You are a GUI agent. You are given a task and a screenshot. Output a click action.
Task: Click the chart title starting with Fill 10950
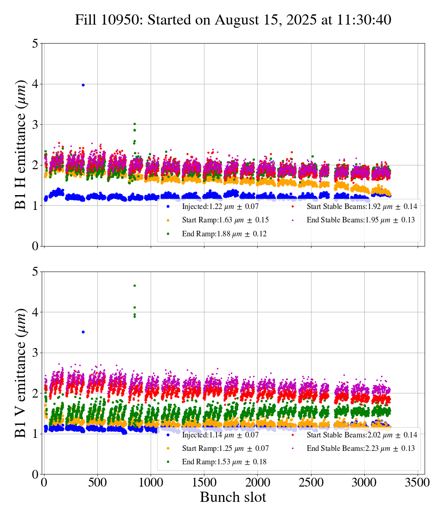(x=233, y=20)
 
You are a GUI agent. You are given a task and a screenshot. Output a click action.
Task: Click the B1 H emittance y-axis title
(x=21, y=145)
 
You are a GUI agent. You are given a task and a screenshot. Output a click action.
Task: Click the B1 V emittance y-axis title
(x=21, y=373)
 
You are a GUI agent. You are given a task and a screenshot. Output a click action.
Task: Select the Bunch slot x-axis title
(x=233, y=498)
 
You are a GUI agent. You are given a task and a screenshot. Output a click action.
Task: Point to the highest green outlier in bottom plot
(x=134, y=285)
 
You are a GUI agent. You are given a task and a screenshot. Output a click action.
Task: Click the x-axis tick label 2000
(x=258, y=482)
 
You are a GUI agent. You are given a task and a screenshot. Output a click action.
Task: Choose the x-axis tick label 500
(x=97, y=482)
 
